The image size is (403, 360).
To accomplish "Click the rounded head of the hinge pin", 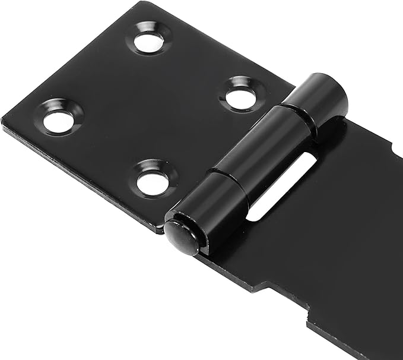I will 182,236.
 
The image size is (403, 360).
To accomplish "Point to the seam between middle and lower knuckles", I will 229,176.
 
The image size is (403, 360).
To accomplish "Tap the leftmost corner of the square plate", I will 3,122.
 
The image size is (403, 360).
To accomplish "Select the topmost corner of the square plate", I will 144,3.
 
